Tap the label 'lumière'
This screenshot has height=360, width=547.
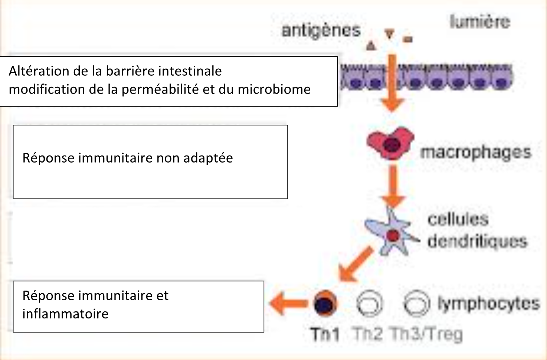click(480, 22)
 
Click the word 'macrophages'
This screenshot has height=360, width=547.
click(476, 152)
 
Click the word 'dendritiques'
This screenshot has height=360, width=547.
click(477, 241)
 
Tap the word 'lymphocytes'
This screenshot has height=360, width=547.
click(488, 304)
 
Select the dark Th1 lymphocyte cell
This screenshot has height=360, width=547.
click(325, 303)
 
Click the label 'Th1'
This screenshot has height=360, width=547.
click(325, 334)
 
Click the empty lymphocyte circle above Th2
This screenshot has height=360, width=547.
click(369, 303)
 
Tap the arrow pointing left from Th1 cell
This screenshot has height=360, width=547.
click(288, 303)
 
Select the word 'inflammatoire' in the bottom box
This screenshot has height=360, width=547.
click(65, 314)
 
